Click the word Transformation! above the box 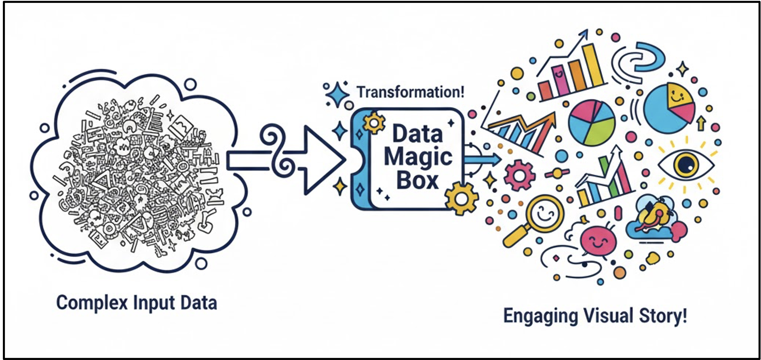(410, 92)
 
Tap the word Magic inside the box (418, 157)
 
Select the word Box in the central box (417, 180)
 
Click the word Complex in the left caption (92, 303)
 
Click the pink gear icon (520, 175)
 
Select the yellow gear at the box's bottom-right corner (462, 198)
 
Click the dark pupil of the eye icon (685, 164)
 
